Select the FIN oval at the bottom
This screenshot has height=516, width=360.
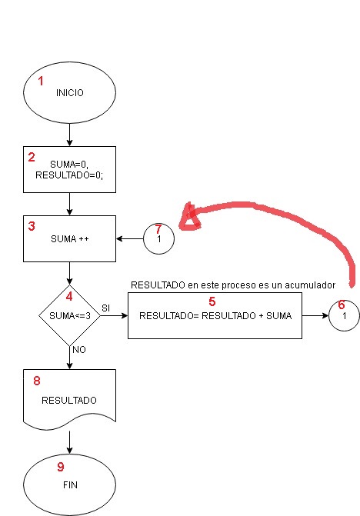click(69, 484)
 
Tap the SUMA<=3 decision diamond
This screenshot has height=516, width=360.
click(69, 315)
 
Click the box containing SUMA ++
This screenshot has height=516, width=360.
click(69, 238)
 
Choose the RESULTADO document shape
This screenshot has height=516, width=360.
click(69, 398)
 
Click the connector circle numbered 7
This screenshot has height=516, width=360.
click(158, 238)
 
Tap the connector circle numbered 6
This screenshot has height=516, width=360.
click(344, 315)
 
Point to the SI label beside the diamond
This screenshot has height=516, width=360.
click(106, 307)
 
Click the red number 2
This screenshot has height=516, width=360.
click(32, 158)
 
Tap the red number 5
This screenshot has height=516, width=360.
click(212, 301)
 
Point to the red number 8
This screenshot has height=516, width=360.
click(37, 381)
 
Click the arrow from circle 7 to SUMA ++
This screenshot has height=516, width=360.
click(129, 238)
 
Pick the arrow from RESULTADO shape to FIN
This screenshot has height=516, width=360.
click(69, 441)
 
